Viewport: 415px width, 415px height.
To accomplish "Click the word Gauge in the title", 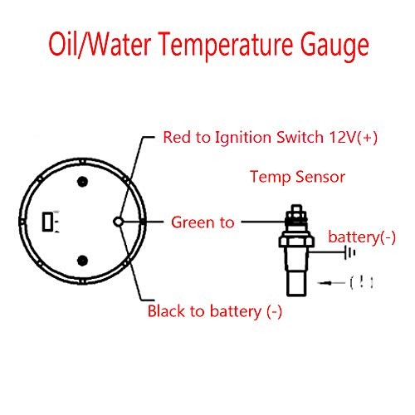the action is coord(334,46).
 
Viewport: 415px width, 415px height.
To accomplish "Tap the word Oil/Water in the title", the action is coord(100,44).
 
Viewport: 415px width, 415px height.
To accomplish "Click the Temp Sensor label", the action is coord(297,177).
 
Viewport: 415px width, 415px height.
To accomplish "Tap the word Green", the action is coord(193,222).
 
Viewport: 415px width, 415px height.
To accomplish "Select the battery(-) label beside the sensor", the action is coord(362,238).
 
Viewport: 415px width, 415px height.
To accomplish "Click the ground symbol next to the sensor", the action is coord(349,252).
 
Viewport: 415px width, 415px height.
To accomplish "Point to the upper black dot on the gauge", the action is coord(82,182).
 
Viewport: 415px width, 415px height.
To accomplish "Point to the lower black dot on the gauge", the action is coord(82,261).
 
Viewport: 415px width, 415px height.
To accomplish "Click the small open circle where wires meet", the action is coord(119,222).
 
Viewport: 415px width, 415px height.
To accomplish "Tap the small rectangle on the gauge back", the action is coord(47,222).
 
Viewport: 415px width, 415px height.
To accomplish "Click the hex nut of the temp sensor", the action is coord(296,242).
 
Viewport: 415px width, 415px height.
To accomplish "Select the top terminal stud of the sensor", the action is coord(296,208).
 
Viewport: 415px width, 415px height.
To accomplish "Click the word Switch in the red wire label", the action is coord(300,137).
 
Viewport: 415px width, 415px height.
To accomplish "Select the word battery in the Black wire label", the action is coord(235,311).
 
